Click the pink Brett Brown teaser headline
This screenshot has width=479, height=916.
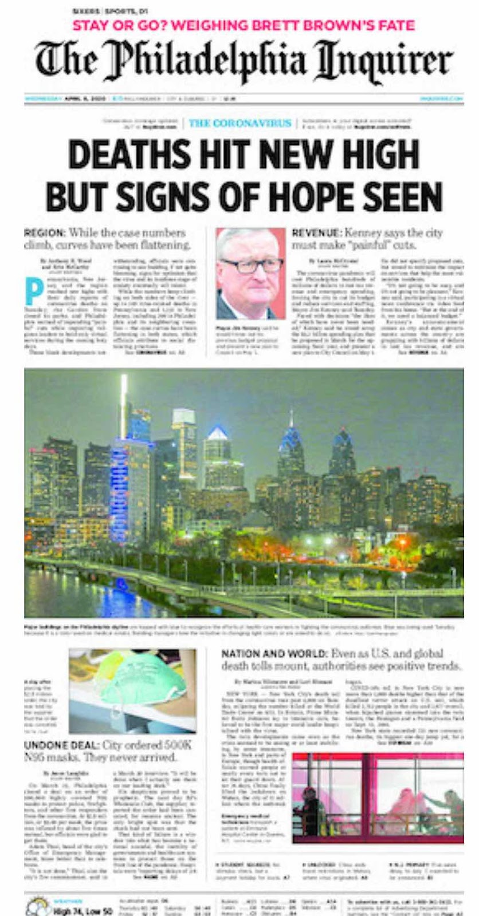[x=243, y=26]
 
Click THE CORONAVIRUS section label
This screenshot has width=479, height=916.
[x=239, y=123]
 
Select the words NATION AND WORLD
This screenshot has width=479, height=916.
[x=273, y=654]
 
